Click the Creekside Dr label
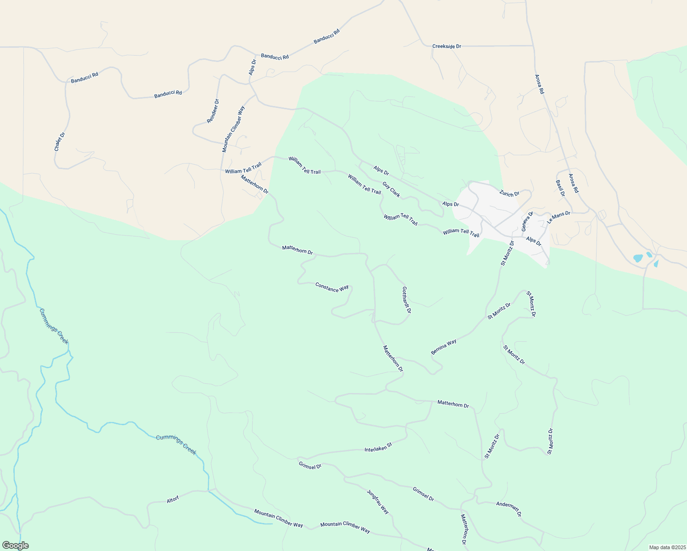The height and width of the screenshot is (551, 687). pyautogui.click(x=446, y=46)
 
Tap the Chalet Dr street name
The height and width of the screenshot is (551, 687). pyautogui.click(x=60, y=141)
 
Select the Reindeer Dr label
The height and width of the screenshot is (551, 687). pyautogui.click(x=213, y=111)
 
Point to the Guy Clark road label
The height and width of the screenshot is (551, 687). pyautogui.click(x=391, y=190)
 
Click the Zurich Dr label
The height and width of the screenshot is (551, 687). pyautogui.click(x=509, y=194)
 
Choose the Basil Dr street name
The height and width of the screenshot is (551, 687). pyautogui.click(x=560, y=188)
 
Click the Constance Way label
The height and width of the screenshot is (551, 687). pyautogui.click(x=332, y=287)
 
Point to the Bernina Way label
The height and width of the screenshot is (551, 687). pyautogui.click(x=444, y=347)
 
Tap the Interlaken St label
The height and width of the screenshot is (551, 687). pyautogui.click(x=378, y=447)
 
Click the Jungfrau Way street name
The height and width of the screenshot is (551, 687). pyautogui.click(x=378, y=502)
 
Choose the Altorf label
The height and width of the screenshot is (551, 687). pyautogui.click(x=173, y=500)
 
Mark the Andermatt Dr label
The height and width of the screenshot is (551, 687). pyautogui.click(x=509, y=509)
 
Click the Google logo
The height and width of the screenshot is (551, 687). pyautogui.click(x=15, y=545)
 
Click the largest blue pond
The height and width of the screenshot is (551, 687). pyautogui.click(x=638, y=258)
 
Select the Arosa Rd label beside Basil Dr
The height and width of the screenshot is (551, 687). pyautogui.click(x=574, y=183)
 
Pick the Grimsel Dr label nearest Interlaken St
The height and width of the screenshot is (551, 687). pyautogui.click(x=310, y=466)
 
